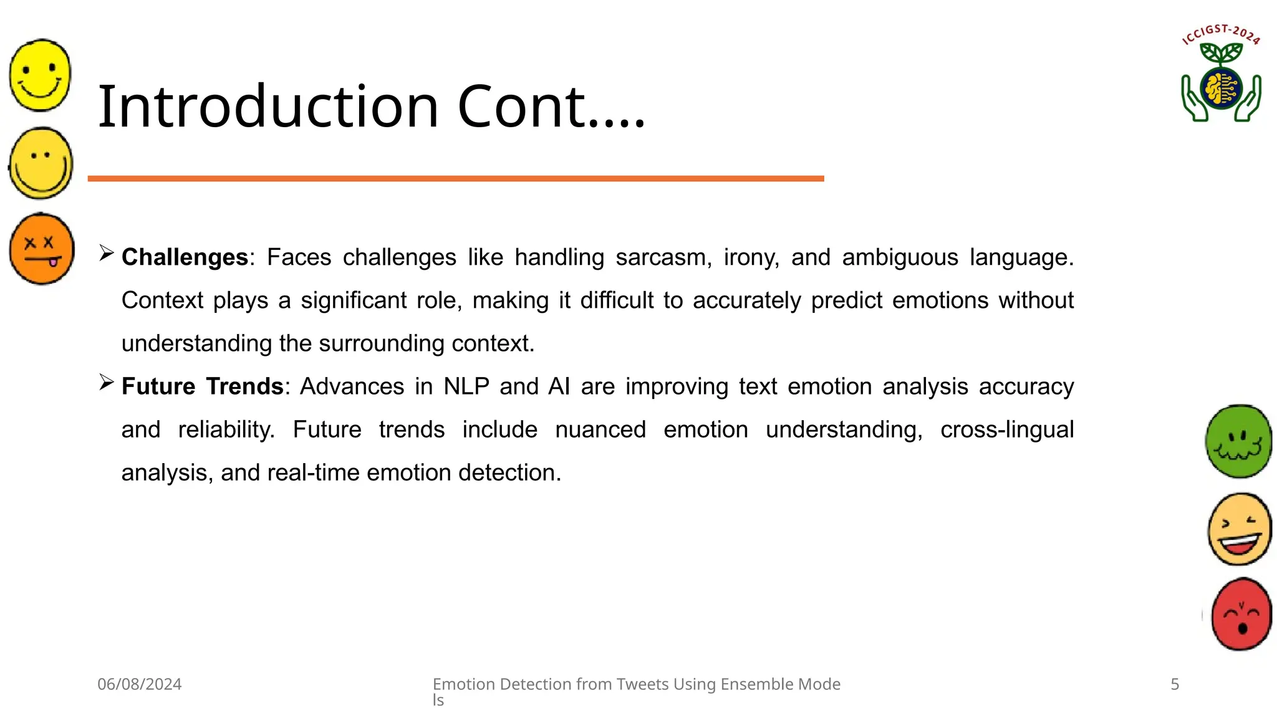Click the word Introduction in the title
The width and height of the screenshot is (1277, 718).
coord(268,107)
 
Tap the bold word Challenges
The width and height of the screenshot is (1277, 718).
coord(185,257)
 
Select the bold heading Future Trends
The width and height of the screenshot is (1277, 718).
coord(203,386)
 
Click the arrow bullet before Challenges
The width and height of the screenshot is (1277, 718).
coord(107,253)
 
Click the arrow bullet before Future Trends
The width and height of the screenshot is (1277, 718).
coord(107,382)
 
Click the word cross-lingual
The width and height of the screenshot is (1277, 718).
coord(1006,429)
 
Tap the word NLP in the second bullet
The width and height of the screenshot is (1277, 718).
coord(466,386)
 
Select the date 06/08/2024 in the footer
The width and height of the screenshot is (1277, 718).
coord(140,684)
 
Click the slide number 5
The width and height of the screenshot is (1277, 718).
coord(1175,684)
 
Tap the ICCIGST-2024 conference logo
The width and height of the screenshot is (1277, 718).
coord(1221,75)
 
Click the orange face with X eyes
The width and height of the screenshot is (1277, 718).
coord(42,249)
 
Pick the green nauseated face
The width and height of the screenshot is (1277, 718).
coord(1238,441)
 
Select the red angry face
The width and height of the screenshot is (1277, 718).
coord(1241,614)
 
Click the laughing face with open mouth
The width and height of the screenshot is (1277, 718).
coord(1240,529)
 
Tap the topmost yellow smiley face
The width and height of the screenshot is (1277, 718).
coord(41,75)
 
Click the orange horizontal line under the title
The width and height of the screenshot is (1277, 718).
coord(455,179)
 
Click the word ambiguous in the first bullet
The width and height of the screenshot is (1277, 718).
coord(899,257)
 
